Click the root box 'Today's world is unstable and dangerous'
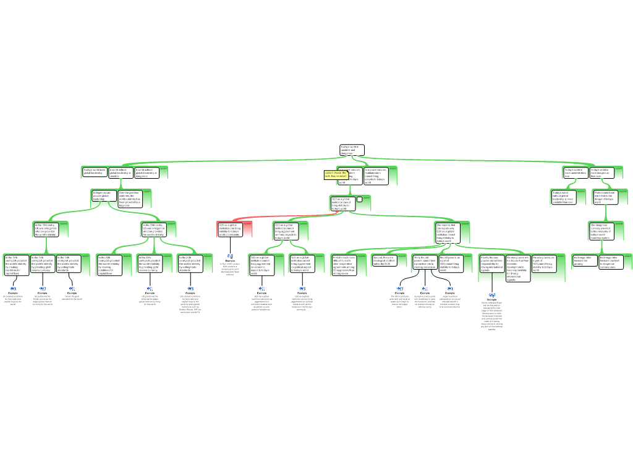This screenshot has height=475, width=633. point(351,150)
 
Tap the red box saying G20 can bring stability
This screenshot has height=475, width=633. point(230,229)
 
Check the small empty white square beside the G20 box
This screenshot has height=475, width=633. point(360,200)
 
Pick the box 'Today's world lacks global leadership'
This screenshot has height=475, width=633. point(94,172)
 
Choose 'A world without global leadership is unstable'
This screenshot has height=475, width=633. point(120,173)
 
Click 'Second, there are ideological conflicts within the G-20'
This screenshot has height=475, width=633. point(383,260)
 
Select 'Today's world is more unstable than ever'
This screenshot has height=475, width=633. point(574,173)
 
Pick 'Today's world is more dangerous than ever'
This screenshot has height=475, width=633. point(600,173)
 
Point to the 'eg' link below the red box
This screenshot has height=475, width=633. point(230,255)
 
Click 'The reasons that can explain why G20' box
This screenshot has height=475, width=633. point(446,233)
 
